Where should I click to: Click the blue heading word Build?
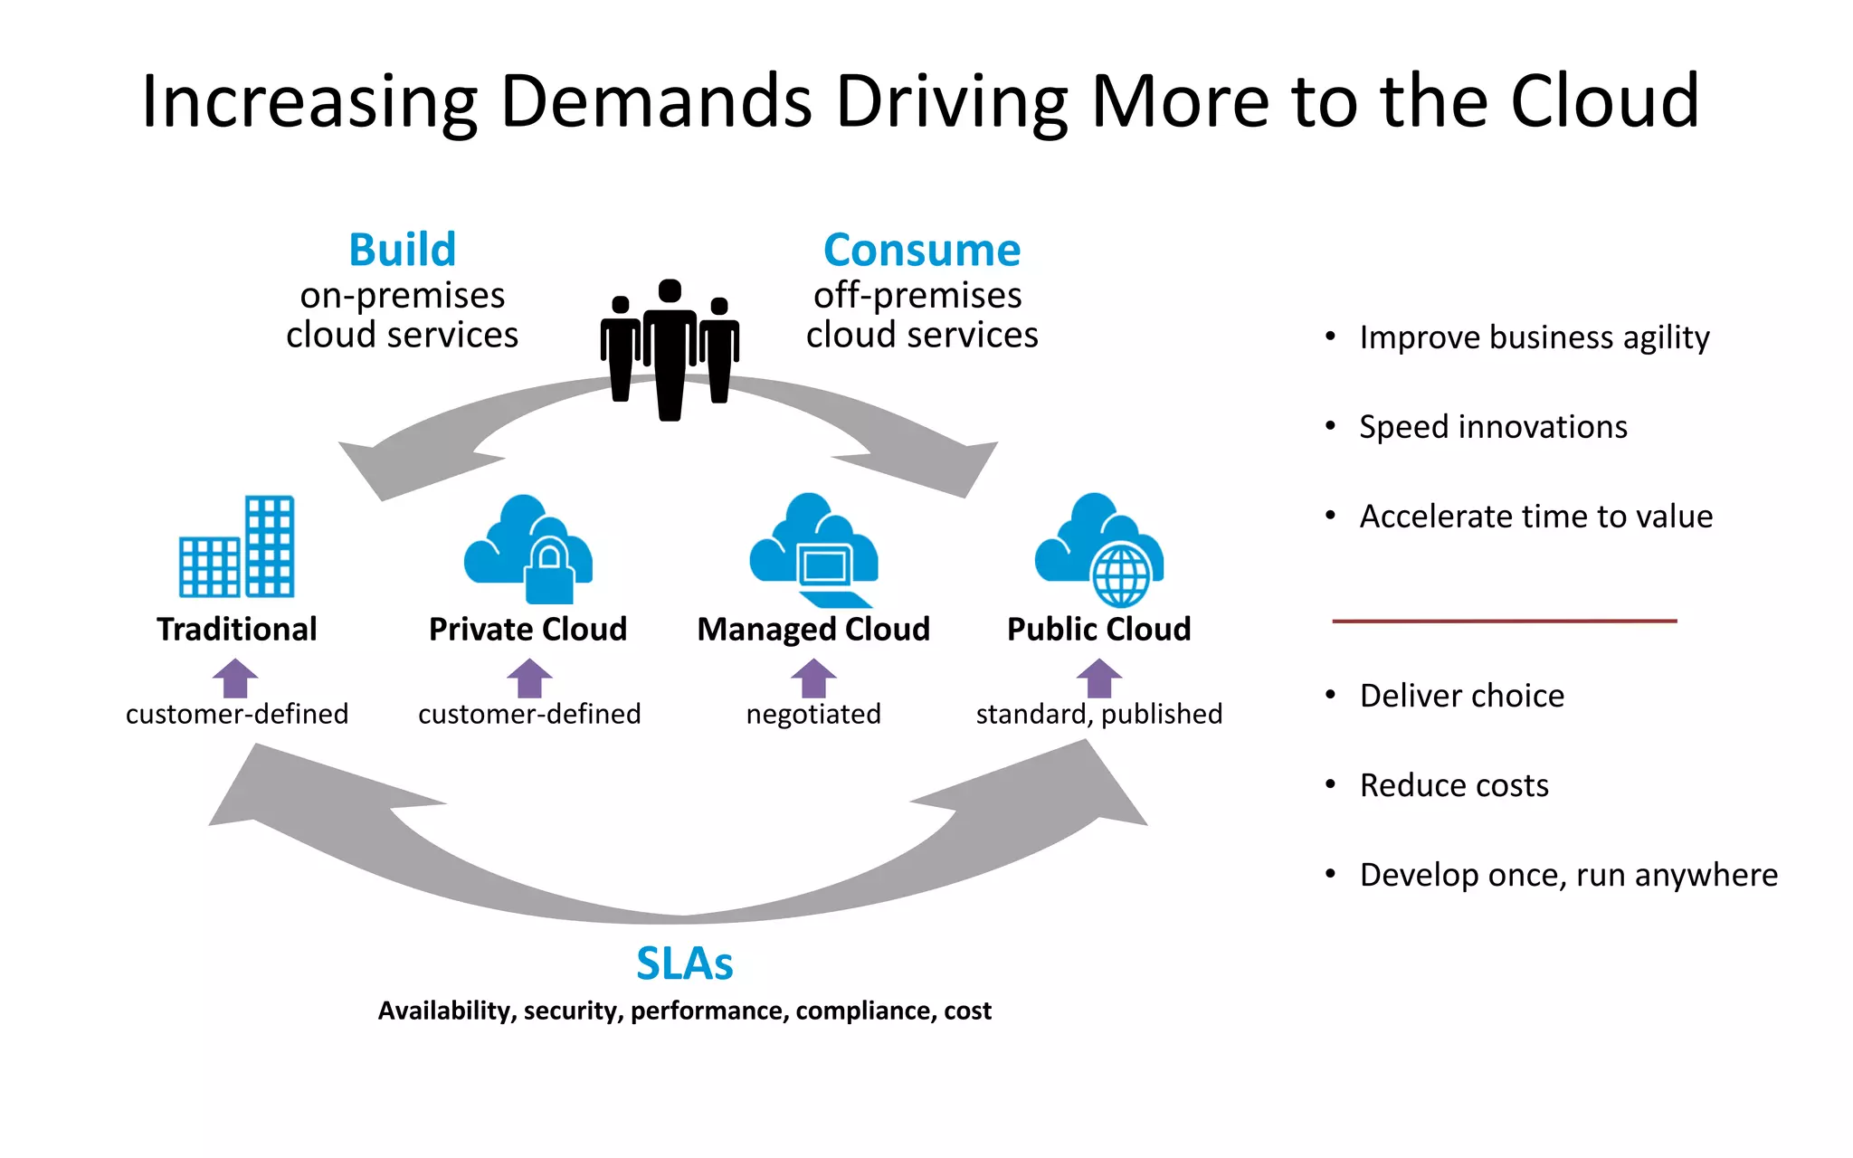coord(403,250)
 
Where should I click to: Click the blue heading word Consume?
coord(922,250)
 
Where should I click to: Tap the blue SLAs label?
coord(684,963)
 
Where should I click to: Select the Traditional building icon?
coord(237,546)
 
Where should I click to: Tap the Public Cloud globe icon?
coord(1120,574)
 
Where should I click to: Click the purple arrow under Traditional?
coord(235,678)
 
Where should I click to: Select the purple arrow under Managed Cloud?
coord(813,678)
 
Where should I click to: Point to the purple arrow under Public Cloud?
coord(1098,678)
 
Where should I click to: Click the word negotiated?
coord(813,714)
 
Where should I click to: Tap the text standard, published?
coord(1098,714)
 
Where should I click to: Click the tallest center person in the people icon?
coord(670,353)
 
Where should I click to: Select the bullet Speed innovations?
coord(1493,427)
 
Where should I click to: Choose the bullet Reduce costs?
coord(1454,785)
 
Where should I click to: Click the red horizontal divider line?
coord(1504,621)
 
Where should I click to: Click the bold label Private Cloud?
coord(527,629)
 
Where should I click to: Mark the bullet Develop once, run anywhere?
coord(1568,875)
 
